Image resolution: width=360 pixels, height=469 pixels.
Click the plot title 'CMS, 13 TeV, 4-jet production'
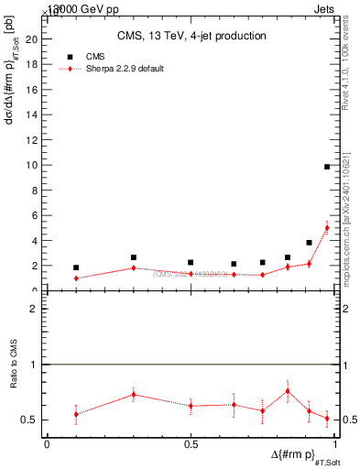point(191,37)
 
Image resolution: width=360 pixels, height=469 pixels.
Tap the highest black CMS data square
point(327,167)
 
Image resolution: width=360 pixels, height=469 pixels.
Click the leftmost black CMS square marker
point(76,267)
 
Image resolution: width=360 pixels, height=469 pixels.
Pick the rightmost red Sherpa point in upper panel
point(327,228)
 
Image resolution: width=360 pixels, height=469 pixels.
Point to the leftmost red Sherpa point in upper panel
point(76,278)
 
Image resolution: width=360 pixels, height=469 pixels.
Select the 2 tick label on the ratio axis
point(34,310)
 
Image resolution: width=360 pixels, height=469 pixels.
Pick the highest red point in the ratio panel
point(288,391)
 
